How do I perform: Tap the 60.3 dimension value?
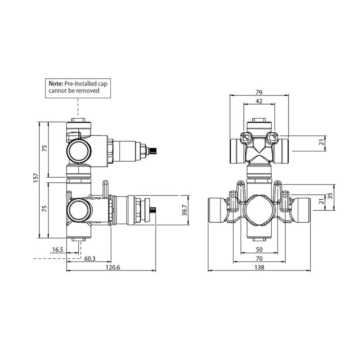(x=89, y=258)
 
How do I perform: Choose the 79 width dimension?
(x=259, y=92)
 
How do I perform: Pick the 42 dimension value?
(x=259, y=101)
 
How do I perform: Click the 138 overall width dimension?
(x=259, y=267)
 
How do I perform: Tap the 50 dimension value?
(x=259, y=249)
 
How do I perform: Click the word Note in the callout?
(x=56, y=84)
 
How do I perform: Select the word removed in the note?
(x=88, y=90)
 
